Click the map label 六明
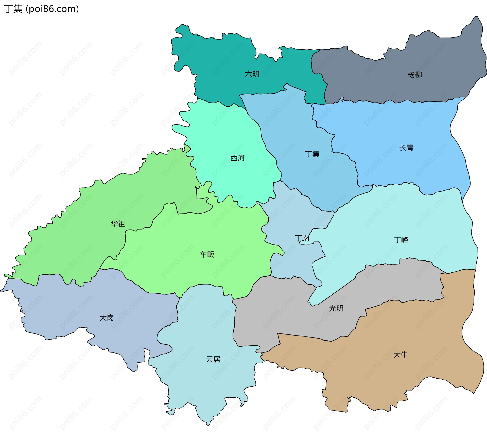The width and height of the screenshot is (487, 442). (x=252, y=74)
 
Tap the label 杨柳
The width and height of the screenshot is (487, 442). (x=414, y=75)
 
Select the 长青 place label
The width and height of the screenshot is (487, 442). (x=406, y=148)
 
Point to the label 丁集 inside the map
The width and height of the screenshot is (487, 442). (x=312, y=154)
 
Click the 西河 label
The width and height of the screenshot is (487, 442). (x=237, y=158)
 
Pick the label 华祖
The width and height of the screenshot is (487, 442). (x=118, y=224)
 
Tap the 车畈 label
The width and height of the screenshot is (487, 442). (x=207, y=254)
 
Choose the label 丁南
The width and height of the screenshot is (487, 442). (x=302, y=238)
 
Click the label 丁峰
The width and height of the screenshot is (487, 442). (x=401, y=240)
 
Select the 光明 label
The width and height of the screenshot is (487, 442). (x=336, y=308)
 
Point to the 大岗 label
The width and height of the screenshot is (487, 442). (x=107, y=318)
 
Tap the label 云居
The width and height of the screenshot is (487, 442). (x=213, y=359)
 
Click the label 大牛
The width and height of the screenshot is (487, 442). (x=401, y=355)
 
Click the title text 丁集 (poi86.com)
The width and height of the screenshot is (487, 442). (x=41, y=9)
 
